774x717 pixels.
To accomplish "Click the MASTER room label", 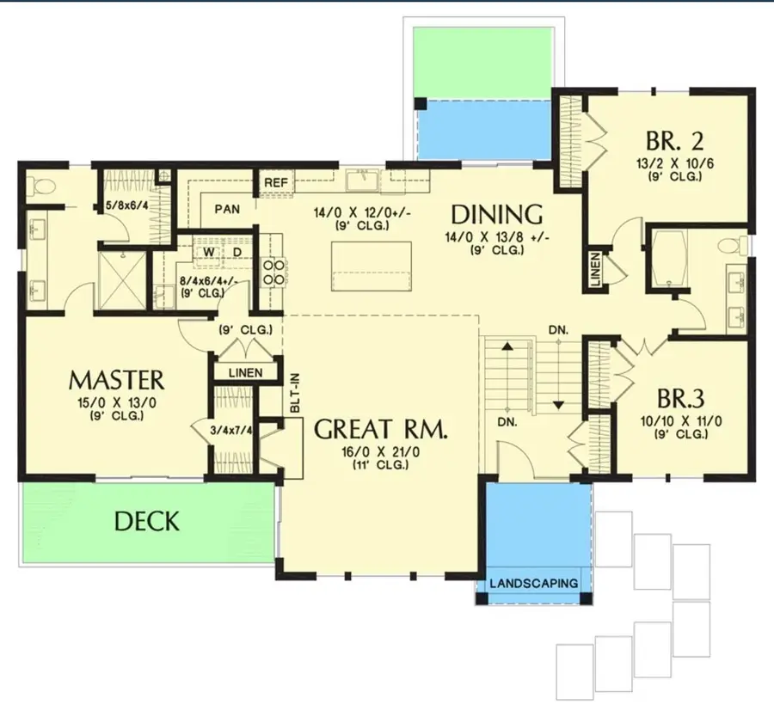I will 116,379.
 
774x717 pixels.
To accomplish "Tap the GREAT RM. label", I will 380,430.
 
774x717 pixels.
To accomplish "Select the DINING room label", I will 496,214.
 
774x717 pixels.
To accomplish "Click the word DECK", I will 147,521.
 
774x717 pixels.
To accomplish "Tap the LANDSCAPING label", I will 533,583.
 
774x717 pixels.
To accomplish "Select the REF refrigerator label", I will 275,183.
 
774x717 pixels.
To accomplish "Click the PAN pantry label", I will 227,209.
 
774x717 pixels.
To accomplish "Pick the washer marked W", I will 208,252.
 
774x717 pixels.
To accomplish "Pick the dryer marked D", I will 236,252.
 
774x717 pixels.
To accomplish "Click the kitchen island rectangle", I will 372,267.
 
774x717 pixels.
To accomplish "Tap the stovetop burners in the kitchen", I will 273,273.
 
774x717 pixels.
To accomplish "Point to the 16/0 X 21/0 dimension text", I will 380,451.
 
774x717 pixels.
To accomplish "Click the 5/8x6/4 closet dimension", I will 126,205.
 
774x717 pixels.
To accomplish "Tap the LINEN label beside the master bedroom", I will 246,372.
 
